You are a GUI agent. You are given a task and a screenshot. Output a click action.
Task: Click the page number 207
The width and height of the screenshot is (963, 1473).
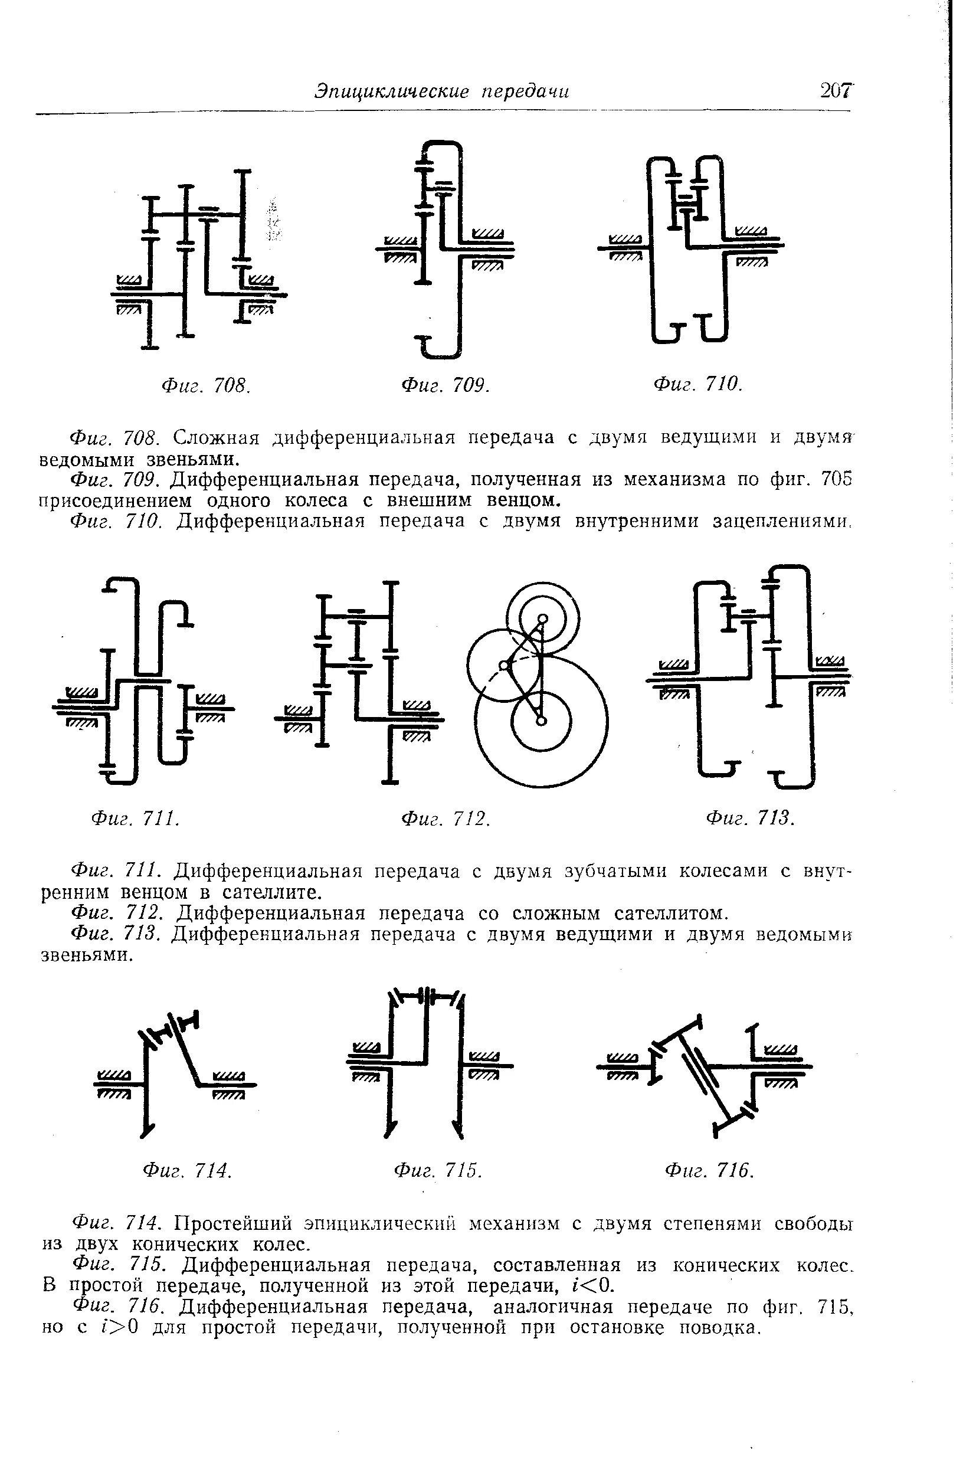pos(836,91)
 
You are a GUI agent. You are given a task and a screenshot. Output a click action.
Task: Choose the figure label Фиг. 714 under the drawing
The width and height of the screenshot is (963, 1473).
pos(187,1170)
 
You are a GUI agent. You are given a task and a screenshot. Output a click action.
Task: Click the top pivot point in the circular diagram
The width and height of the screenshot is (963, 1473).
pos(542,618)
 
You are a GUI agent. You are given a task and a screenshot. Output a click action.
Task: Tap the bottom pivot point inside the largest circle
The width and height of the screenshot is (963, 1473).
pos(541,721)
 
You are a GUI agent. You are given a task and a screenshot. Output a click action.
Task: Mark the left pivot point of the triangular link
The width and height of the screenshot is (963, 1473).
pos(504,665)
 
